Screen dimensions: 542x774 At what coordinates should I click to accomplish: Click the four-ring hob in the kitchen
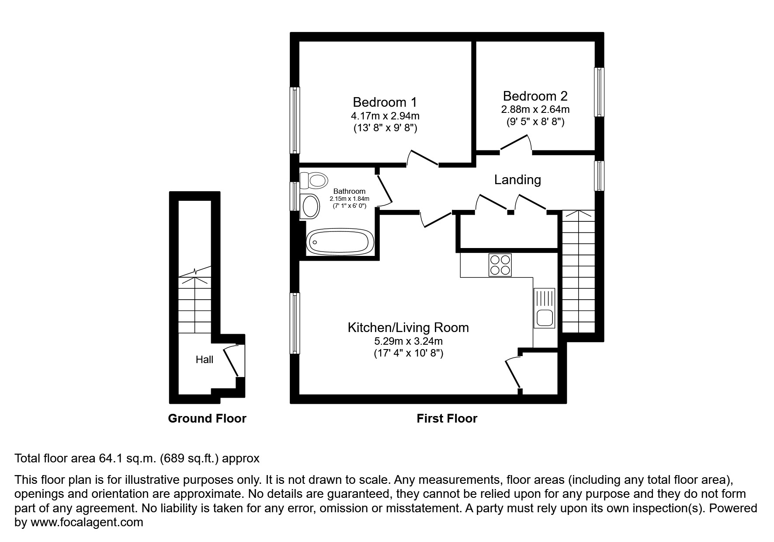point(500,265)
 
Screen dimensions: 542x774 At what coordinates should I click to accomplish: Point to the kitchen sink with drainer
point(544,308)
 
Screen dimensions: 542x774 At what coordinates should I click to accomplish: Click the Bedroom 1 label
point(385,102)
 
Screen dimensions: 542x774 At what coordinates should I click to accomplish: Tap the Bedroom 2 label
point(535,96)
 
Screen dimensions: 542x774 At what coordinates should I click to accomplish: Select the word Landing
point(517,180)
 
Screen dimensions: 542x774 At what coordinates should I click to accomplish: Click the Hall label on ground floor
point(204,360)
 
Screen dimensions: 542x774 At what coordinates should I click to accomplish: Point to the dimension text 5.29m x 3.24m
point(408,341)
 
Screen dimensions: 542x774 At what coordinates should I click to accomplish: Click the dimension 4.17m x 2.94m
point(385,116)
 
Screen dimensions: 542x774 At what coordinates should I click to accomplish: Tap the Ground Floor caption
point(207,419)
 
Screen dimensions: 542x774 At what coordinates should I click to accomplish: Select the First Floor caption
point(447,419)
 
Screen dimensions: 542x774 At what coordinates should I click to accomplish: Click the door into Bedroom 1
point(423,158)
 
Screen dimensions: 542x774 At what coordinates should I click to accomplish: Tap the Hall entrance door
point(231,361)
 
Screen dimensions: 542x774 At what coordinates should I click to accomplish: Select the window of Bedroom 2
point(599,92)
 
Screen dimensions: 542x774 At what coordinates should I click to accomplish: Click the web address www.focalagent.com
point(86,522)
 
